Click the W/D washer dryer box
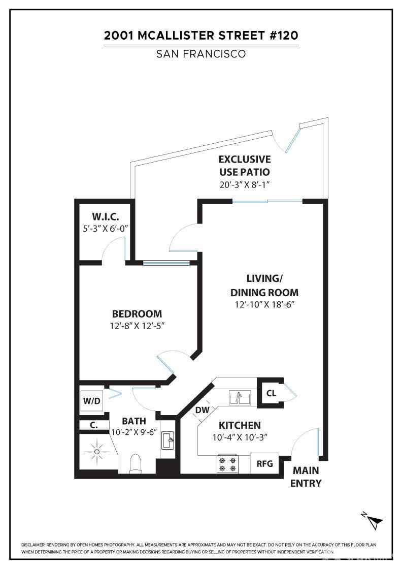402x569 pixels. tap(92, 401)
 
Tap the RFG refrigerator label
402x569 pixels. tap(264, 464)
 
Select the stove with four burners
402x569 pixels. tap(227, 464)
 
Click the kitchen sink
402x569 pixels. tap(240, 398)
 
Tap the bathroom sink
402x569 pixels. tap(168, 440)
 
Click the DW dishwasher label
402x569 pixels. tap(202, 410)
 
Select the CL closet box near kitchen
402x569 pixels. tap(271, 393)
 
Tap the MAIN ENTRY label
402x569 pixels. tap(306, 477)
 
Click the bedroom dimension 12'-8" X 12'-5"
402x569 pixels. tap(138, 326)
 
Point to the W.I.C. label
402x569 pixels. tap(106, 217)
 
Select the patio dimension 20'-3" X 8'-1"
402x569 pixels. tap(245, 184)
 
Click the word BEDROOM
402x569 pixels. tap(137, 314)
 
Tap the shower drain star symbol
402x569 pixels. tap(97, 452)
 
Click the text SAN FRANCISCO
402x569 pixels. tap(201, 54)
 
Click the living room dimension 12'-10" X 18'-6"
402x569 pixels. tap(264, 304)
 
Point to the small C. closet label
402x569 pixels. tap(94, 425)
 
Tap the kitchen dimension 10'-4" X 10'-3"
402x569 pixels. tap(240, 437)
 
